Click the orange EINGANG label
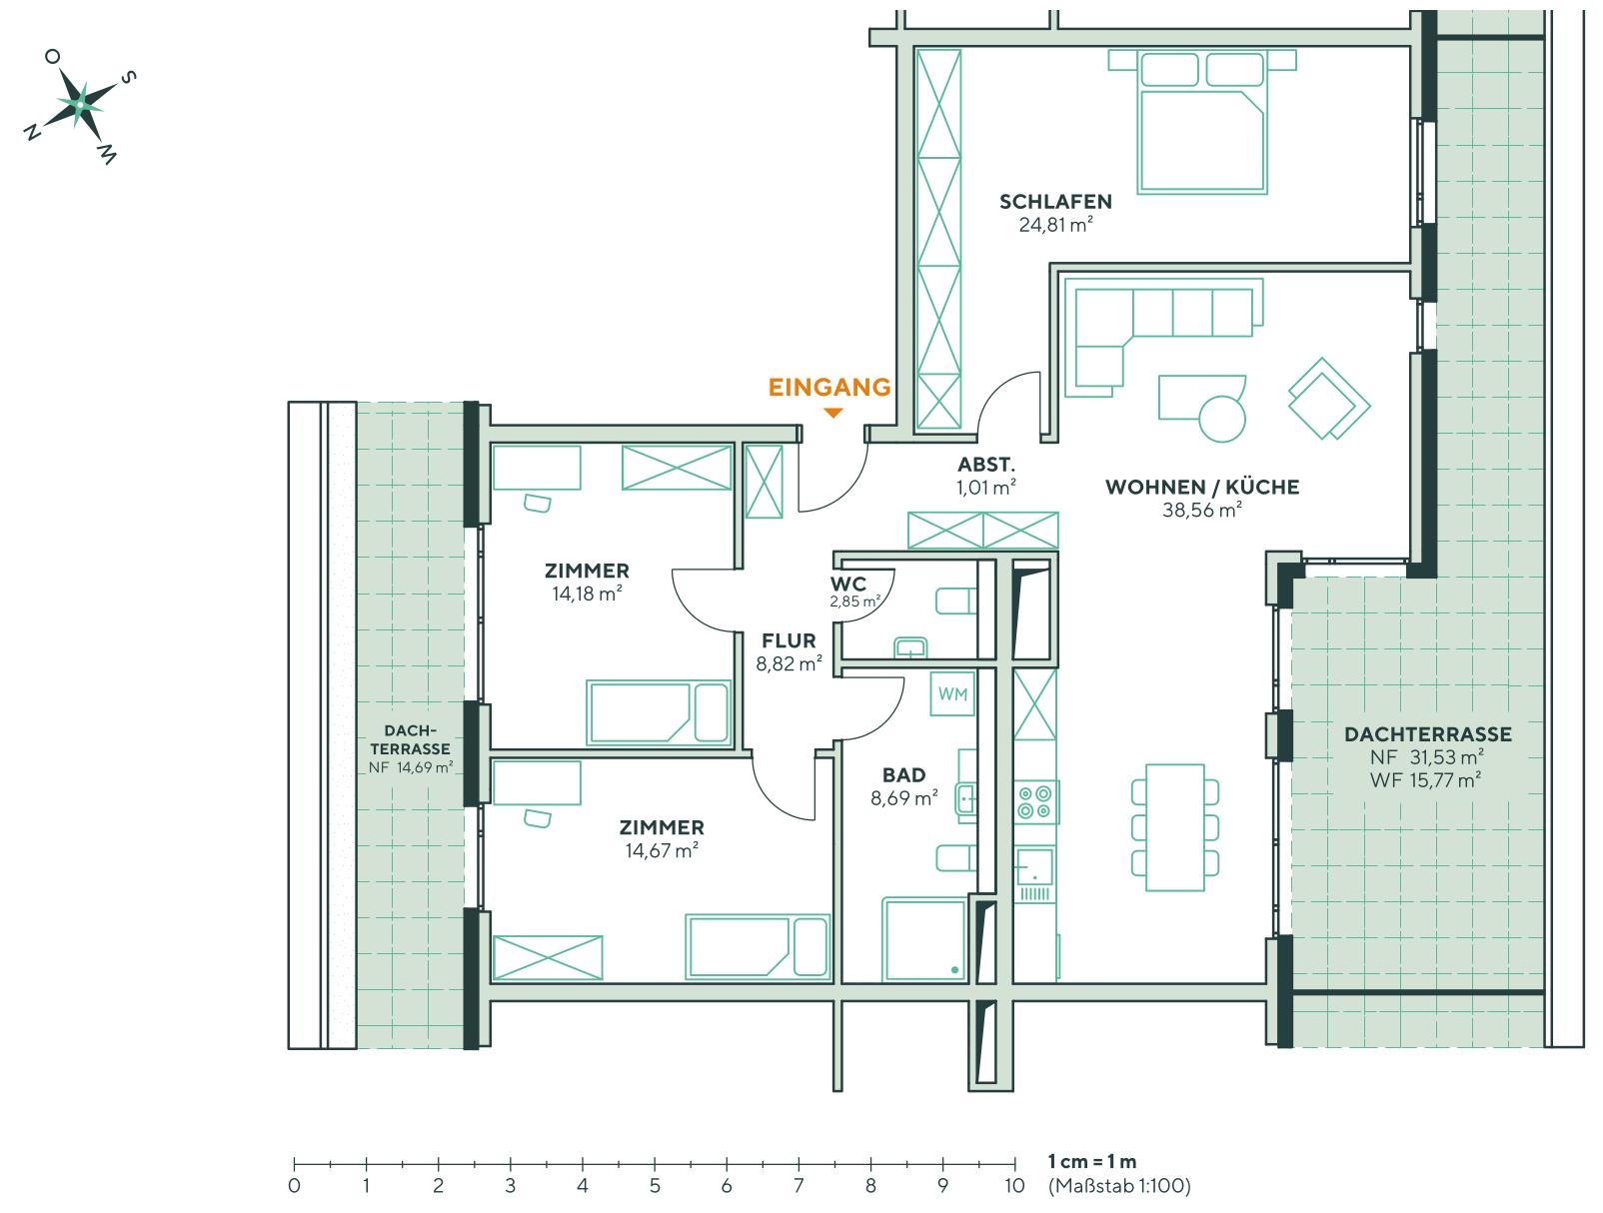point(828,388)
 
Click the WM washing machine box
point(952,693)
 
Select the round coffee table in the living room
point(1221,418)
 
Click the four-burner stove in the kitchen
point(1034,802)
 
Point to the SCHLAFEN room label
point(1055,202)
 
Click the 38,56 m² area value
point(1201,510)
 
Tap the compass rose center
point(79,103)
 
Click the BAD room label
point(903,774)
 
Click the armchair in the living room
point(1328,399)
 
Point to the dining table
point(1175,826)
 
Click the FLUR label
point(789,640)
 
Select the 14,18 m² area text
point(587,594)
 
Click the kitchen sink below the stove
point(1033,867)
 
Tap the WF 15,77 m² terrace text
point(1427,780)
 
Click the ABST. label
point(985,465)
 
